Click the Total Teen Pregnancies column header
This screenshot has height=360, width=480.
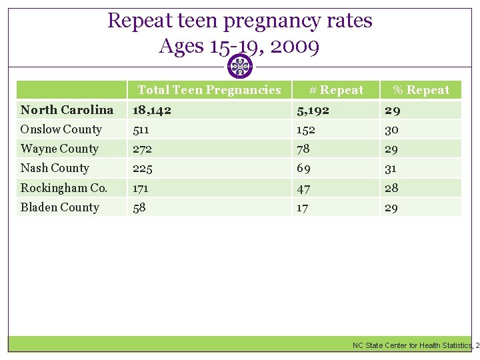209,90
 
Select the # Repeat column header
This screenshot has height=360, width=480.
336,90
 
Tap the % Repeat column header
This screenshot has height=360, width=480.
421,90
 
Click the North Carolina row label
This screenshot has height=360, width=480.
67,110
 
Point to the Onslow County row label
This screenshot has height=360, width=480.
61,129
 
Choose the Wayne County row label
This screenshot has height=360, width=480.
59,149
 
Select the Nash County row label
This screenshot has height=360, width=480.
55,168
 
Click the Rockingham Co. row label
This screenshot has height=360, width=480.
63,188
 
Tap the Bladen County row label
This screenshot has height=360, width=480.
59,207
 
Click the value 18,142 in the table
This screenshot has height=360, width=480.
151,110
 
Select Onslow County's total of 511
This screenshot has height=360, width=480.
141,129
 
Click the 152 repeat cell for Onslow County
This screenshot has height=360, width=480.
307,129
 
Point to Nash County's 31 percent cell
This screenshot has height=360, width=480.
391,168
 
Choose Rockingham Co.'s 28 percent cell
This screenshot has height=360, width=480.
391,188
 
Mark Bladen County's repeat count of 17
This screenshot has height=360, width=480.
303,207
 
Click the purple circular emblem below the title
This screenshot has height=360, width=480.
240,67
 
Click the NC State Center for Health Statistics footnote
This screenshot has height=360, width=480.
413,345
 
